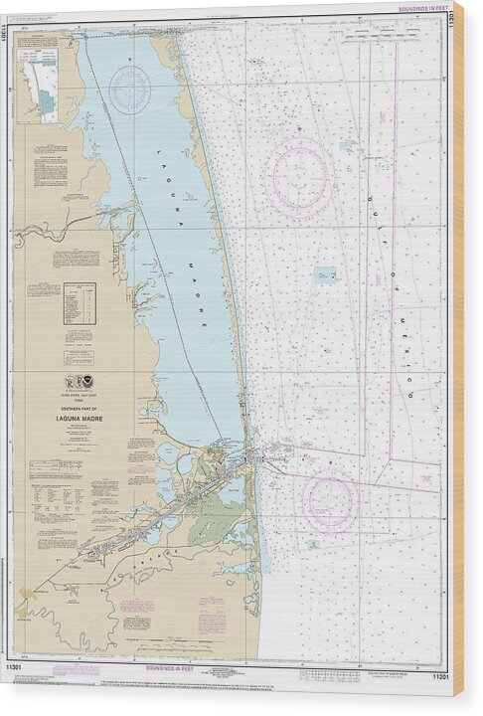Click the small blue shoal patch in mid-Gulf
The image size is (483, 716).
click(x=325, y=274)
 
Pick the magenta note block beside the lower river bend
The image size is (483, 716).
click(x=212, y=623)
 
